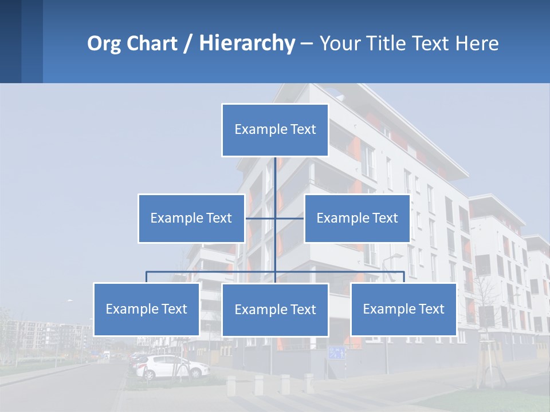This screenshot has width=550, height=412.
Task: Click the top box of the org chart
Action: [275, 130]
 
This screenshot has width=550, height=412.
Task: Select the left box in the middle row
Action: [191, 218]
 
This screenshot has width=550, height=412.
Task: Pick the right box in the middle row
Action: [357, 218]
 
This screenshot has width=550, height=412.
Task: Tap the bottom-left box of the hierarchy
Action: [147, 309]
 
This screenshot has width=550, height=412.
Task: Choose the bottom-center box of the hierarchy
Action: [275, 310]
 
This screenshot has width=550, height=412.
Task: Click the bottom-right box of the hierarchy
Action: [403, 309]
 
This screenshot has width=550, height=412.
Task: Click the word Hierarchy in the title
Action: [247, 43]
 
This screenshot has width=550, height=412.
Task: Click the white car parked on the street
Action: [172, 367]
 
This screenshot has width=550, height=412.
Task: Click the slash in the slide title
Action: [188, 43]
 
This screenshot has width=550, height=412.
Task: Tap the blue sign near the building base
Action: [337, 352]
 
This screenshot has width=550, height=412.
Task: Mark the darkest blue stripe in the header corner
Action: [10, 41]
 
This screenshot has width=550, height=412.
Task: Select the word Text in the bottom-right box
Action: [431, 309]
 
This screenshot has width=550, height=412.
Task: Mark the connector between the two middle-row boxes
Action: [275, 218]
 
